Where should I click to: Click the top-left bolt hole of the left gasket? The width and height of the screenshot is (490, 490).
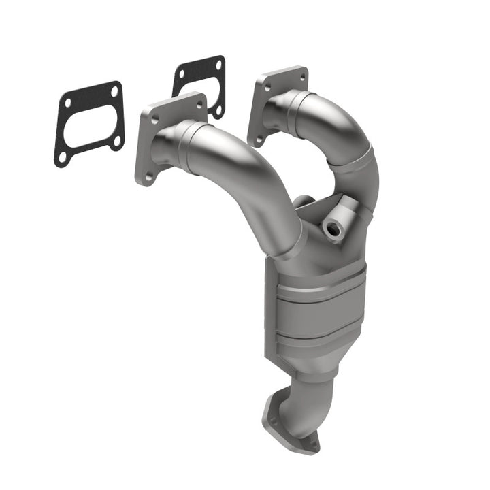pos(68,103)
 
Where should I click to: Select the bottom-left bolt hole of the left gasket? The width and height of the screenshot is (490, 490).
pos(62,157)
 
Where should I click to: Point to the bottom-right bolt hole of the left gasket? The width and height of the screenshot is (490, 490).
pos(116,141)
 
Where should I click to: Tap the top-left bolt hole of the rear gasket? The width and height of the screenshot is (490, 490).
pos(182,73)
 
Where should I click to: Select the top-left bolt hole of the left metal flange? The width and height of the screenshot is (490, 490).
pos(154,118)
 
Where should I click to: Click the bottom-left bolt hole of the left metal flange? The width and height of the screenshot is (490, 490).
pos(148,176)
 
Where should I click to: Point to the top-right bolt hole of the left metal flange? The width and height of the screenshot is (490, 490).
pos(199,104)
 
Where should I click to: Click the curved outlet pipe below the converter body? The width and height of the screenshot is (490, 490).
pos(299,402)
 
